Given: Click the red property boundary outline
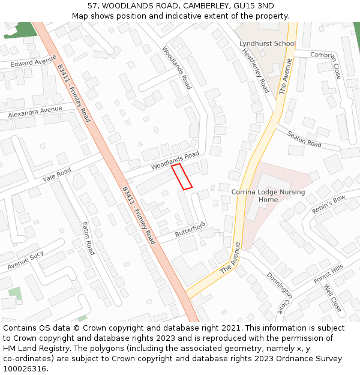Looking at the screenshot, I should point(182,176).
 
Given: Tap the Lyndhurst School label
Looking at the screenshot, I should point(267,44).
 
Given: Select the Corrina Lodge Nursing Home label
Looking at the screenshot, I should point(268,196).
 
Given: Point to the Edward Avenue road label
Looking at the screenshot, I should point(34,62).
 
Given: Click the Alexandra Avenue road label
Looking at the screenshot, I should point(35,112).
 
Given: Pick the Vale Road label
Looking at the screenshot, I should point(57,175).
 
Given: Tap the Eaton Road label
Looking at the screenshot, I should point(88,238).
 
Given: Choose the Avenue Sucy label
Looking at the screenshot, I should point(25,260).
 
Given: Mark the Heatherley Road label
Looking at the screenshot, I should point(256,70).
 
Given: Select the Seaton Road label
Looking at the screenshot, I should point(304,140).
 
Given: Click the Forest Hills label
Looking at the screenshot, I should point(329,274).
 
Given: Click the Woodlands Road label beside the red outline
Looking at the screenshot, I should point(175,159).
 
